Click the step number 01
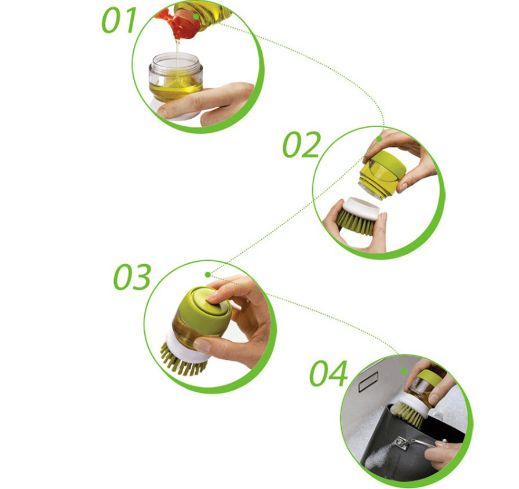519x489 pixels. click(119, 20)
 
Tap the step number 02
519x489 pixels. click(302, 144)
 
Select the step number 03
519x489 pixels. click(133, 277)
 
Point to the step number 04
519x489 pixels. click(328, 374)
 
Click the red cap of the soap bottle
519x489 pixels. click(179, 23)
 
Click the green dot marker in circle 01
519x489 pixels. click(196, 16)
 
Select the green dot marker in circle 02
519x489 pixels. click(379, 140)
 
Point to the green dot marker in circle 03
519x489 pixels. click(208, 275)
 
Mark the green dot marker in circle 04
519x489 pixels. click(404, 371)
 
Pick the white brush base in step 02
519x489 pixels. click(361, 208)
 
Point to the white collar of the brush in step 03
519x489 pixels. click(185, 347)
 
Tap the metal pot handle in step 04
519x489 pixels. click(421, 443)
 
